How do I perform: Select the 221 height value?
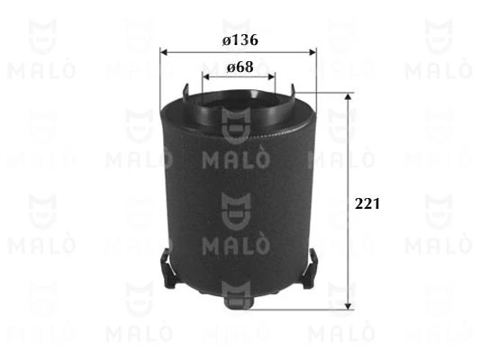pos(367,204)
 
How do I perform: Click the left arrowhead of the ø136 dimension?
pos(165,51)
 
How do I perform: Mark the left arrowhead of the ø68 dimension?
pos(207,77)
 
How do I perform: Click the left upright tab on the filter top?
pos(185,93)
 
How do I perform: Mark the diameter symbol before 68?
pos(231,67)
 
